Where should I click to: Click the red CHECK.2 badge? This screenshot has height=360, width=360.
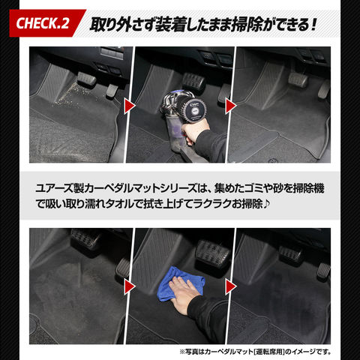click(46, 23)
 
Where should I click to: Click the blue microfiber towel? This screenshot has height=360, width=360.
click(179, 283)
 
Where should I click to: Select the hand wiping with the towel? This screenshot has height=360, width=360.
click(184, 295)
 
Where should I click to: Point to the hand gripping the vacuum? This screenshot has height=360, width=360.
click(193, 133)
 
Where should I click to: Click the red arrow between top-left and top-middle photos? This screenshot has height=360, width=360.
click(130, 106)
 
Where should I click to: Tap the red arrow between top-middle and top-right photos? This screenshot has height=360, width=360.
click(231, 106)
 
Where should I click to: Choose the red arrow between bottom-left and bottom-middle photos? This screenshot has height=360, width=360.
click(130, 286)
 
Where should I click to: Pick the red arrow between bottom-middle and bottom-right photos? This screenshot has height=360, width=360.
click(231, 286)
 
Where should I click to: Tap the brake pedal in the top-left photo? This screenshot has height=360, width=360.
click(86, 79)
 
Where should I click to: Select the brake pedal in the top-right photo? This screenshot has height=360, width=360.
click(298, 80)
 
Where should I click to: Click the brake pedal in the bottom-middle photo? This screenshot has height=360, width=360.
click(212, 253)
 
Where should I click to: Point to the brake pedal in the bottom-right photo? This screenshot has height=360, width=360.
click(291, 254)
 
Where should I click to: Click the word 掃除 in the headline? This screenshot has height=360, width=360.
click(247, 25)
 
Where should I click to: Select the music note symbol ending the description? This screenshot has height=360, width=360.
click(266, 204)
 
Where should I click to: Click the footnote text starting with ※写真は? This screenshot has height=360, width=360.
click(255, 352)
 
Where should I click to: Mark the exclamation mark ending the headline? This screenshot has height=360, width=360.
click(314, 24)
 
